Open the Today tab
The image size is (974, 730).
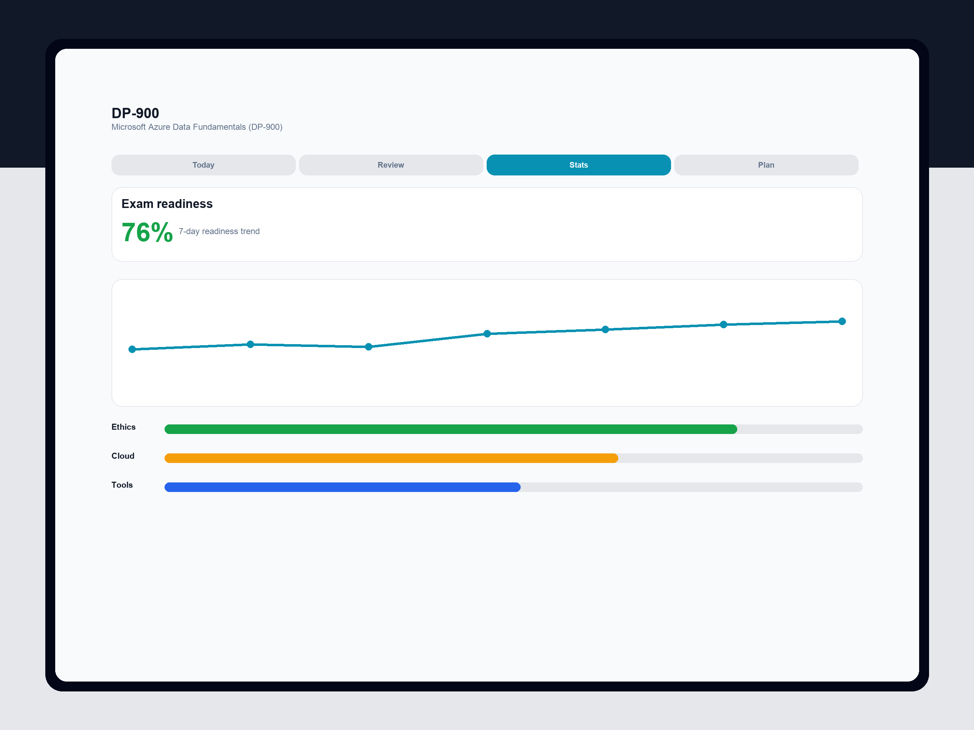[204, 165]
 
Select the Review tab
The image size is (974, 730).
[391, 165]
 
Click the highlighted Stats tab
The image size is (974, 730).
[579, 165]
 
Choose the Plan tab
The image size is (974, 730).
[766, 165]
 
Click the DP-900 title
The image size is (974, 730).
[135, 113]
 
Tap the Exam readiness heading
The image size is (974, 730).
[167, 204]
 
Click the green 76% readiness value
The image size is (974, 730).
[147, 232]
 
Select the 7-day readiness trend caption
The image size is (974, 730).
[219, 231]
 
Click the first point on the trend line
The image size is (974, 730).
[132, 349]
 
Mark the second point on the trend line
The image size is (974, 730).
[251, 344]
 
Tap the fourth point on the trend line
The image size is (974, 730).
[487, 334]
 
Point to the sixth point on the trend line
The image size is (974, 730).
[723, 324]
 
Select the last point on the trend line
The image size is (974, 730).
[842, 321]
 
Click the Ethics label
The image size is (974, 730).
[123, 427]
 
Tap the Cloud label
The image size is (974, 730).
[123, 456]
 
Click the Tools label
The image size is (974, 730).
[122, 485]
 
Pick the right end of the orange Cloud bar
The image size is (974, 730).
[618, 458]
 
